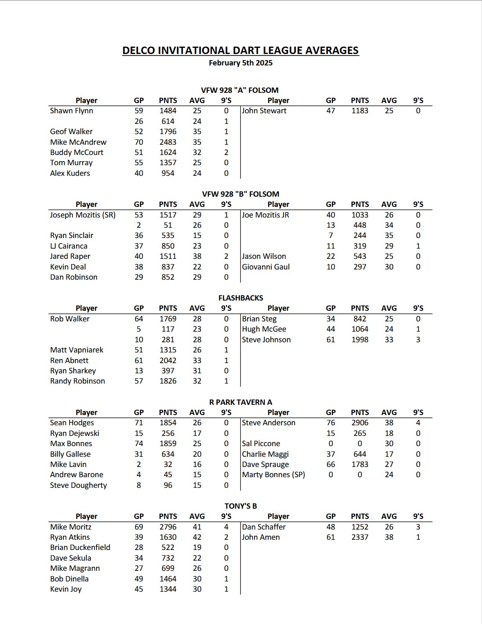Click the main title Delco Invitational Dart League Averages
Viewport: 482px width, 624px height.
(x=241, y=50)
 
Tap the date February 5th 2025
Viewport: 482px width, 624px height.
(x=241, y=63)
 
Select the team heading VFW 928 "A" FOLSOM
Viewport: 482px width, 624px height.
(x=240, y=90)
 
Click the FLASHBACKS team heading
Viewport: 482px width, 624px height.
(x=241, y=298)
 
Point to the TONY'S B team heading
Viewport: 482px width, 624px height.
(x=241, y=506)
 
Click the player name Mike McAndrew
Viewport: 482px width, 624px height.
(x=78, y=142)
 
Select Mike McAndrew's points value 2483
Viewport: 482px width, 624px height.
(x=168, y=142)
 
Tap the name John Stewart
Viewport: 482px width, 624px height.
(x=264, y=111)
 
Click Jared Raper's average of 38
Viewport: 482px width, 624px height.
(x=197, y=256)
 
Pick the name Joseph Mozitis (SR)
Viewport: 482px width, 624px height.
(x=83, y=215)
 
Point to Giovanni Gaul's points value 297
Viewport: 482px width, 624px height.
(x=360, y=267)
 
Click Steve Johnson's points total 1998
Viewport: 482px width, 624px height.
(x=360, y=340)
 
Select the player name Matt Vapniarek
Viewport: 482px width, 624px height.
(x=77, y=350)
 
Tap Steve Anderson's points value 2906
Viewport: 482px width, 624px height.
(x=360, y=423)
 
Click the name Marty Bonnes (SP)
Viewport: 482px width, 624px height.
(x=273, y=475)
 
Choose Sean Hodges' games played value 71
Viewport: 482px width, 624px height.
(x=139, y=423)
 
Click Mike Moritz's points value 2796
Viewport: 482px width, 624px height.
(x=168, y=527)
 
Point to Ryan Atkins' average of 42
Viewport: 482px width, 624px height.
(x=197, y=537)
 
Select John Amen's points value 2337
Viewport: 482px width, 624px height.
(x=360, y=537)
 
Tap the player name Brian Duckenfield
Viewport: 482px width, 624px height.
(x=80, y=548)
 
